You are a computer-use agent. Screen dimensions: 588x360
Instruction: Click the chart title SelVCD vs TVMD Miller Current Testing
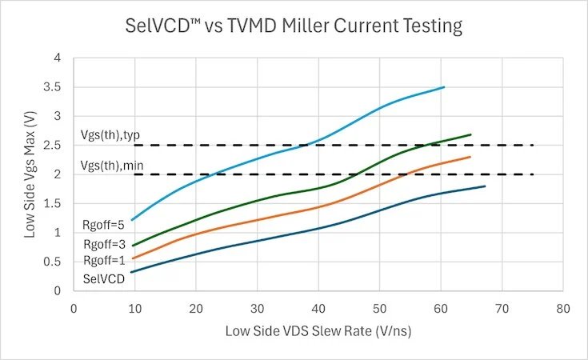294,26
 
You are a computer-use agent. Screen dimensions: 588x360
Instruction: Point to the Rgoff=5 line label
103,225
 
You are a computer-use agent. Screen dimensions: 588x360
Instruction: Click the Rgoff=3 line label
104,245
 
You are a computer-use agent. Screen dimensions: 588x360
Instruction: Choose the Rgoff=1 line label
104,260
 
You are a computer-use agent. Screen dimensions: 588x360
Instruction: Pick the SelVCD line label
104,278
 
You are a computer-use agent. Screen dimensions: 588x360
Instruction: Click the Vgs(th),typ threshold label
110,135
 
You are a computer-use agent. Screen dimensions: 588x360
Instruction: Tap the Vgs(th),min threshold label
112,166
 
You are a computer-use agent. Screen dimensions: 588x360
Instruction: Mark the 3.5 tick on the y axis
52,87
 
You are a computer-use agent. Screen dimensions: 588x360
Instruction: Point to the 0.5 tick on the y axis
52,262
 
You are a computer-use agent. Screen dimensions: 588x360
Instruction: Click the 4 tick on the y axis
58,58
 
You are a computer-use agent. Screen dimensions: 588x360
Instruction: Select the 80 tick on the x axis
563,309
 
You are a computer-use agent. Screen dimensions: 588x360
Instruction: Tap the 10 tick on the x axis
134,309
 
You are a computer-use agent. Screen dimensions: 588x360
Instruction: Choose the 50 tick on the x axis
379,309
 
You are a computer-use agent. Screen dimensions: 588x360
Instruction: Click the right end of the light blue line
444,87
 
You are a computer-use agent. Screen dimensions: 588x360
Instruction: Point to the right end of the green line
470,134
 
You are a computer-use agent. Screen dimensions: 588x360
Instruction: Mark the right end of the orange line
470,157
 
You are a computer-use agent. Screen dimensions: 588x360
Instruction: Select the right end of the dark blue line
485,186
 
